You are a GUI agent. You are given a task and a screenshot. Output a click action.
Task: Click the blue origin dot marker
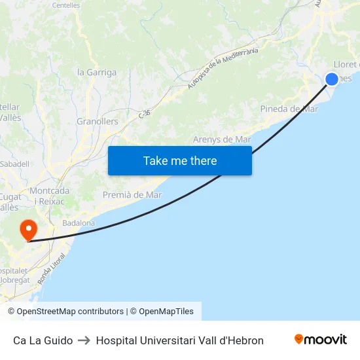[x=332, y=79]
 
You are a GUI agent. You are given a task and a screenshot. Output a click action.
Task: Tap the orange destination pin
[x=29, y=229]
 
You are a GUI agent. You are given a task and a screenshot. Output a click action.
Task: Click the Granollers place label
[x=98, y=122]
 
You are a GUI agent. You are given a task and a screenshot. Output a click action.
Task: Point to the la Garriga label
[x=97, y=73]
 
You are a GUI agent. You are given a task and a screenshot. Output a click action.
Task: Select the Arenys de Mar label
[x=222, y=139]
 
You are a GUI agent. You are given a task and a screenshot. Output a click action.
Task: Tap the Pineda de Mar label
[x=289, y=109]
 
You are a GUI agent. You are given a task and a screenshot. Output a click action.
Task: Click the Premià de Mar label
[x=132, y=195]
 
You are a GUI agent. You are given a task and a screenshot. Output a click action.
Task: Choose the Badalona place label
[x=79, y=223]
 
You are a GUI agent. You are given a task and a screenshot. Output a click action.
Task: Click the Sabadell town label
[x=14, y=164]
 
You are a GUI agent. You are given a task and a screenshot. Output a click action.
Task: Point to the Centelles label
[x=65, y=5]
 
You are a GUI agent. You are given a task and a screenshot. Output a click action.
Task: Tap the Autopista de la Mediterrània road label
[x=223, y=69]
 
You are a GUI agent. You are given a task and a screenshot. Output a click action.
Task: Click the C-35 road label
[x=145, y=114]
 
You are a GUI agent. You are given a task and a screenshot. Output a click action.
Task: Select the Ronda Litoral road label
[x=52, y=270]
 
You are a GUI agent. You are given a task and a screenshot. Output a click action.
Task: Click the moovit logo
[x=321, y=340]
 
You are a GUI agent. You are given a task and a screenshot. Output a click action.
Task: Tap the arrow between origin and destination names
[x=84, y=340]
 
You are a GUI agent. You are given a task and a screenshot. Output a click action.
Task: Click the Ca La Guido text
[x=43, y=340]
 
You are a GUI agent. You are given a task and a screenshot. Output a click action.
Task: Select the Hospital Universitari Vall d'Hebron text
[x=179, y=340]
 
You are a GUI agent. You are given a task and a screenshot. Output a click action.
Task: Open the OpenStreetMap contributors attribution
[x=65, y=312]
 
